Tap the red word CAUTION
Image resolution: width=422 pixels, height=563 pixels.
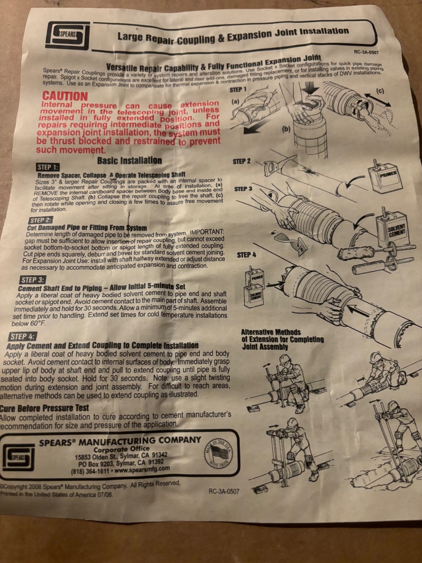point(65,96)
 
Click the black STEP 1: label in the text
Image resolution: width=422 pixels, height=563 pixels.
point(49,167)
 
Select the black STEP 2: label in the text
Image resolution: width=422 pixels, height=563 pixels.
point(41,220)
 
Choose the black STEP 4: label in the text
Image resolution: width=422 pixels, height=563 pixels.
point(23,336)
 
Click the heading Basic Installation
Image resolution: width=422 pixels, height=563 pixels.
point(129,161)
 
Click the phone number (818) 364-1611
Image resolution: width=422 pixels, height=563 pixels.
point(91,472)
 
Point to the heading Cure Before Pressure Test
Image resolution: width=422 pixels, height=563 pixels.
point(45,408)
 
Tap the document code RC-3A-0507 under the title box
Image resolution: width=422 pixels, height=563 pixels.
point(366,52)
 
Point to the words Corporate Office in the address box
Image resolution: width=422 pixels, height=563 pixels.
point(121,449)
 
